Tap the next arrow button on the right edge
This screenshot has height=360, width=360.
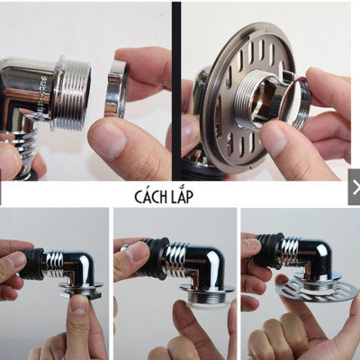point(355,187)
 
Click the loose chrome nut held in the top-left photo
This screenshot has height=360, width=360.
point(116,90)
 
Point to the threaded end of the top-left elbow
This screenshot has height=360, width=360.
point(75,94)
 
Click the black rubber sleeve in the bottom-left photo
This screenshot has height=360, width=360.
point(31,265)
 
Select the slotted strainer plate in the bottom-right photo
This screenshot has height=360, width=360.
point(318,289)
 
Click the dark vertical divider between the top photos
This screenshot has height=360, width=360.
point(176,90)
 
